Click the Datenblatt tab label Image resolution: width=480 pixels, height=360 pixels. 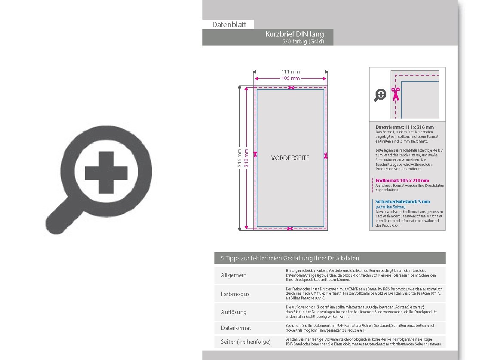[x=229, y=24]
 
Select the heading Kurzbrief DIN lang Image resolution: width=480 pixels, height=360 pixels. [x=294, y=34]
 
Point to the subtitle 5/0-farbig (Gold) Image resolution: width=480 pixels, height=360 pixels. [x=303, y=42]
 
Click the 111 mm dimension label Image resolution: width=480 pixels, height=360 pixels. [x=290, y=72]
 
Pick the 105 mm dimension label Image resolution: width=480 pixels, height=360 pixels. [x=290, y=79]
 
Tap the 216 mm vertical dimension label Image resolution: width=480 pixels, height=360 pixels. [x=240, y=158]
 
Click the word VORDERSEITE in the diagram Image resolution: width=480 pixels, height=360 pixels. [x=290, y=158]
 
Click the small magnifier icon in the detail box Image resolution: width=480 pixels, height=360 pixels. [x=380, y=95]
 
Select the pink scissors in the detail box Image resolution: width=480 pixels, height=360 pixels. [x=395, y=94]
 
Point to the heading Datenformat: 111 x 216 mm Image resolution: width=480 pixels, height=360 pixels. [x=404, y=127]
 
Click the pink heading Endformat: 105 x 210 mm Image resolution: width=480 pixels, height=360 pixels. [x=402, y=180]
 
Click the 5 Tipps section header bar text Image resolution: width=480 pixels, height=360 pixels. [x=290, y=258]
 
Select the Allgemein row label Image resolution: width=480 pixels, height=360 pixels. [x=234, y=275]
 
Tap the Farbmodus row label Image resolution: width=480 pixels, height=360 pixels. [x=235, y=294]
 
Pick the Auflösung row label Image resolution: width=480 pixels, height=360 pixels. [x=234, y=312]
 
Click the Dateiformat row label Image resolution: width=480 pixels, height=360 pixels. [x=236, y=328]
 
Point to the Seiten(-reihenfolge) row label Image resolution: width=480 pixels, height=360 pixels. [x=246, y=342]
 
